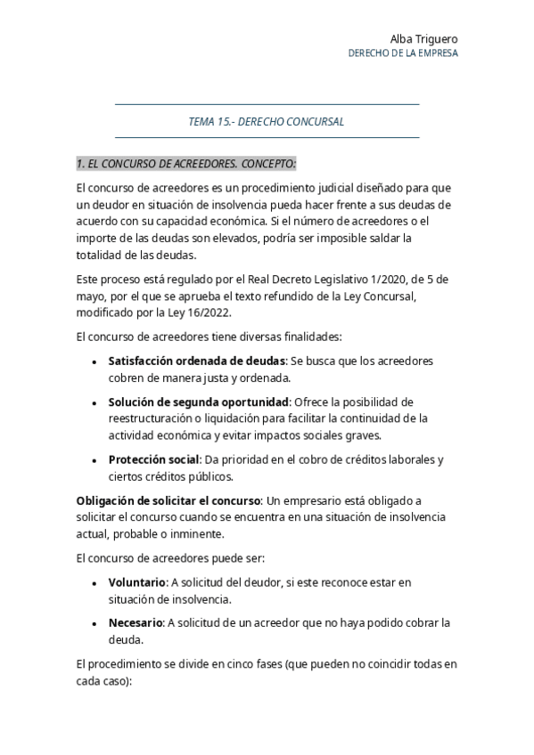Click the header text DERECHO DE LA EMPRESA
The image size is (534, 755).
click(x=403, y=53)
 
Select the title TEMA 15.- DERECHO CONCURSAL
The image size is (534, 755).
click(x=267, y=121)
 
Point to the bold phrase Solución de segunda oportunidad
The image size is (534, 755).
click(x=198, y=402)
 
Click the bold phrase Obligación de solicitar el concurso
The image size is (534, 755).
click(x=168, y=500)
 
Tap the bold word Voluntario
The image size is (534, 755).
click(x=136, y=582)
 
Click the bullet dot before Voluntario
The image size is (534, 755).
click(x=95, y=583)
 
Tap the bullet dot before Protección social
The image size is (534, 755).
click(x=95, y=460)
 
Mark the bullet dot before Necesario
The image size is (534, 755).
click(x=95, y=623)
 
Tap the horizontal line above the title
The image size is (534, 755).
click(x=267, y=105)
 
